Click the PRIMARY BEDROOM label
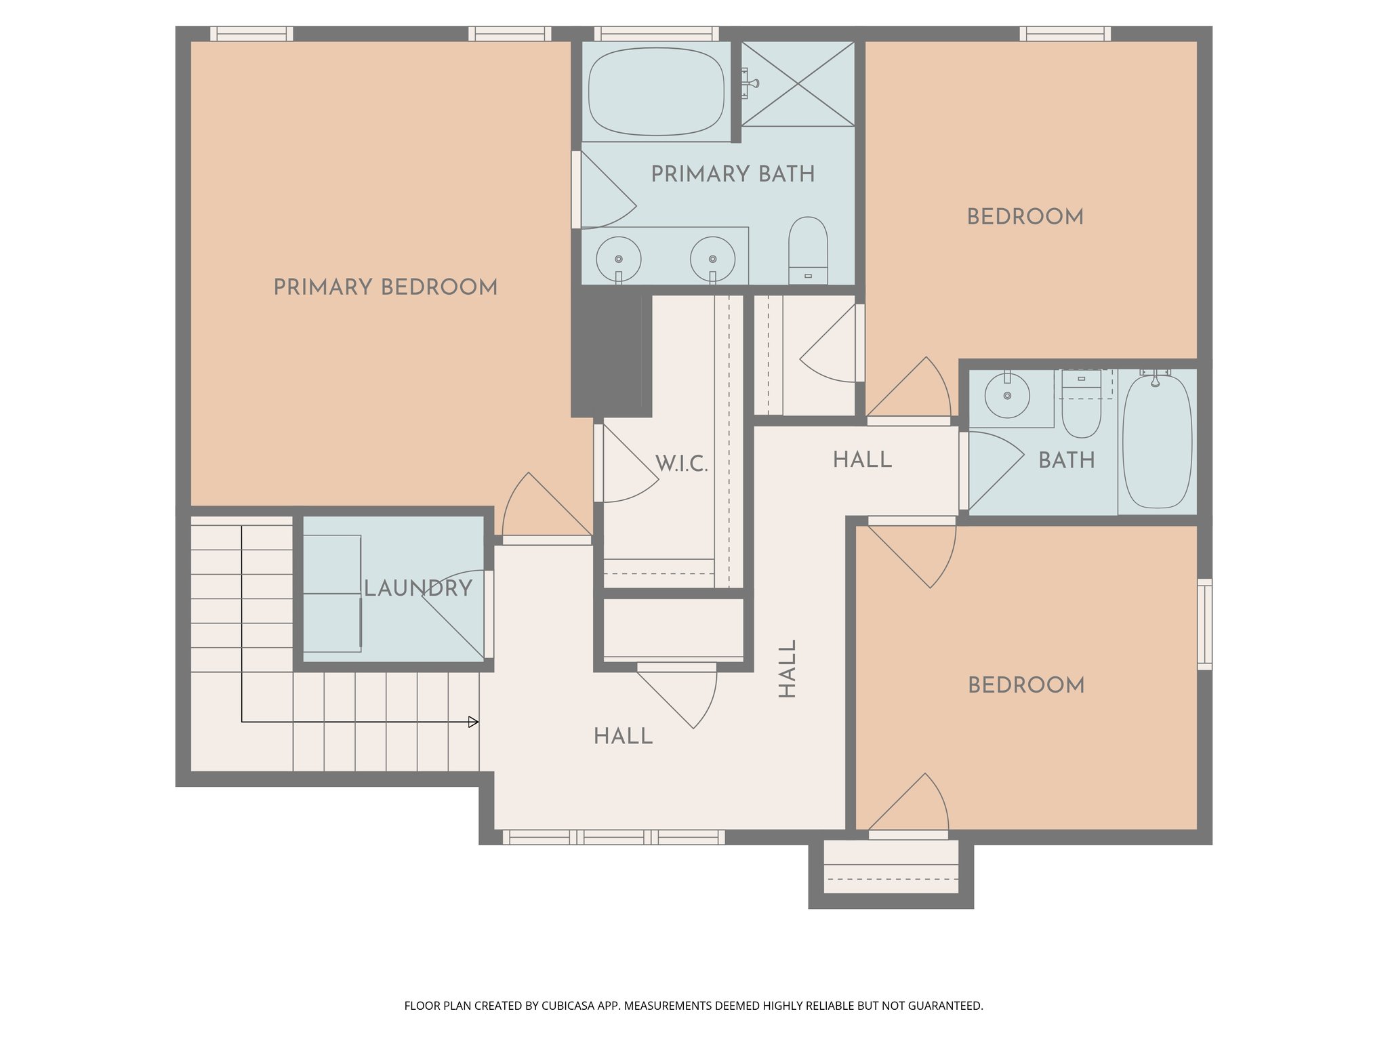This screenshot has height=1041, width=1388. click(x=385, y=287)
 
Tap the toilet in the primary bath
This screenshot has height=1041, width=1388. click(x=808, y=249)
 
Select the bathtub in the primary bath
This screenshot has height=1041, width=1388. click(x=655, y=91)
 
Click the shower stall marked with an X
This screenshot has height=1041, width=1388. click(x=798, y=84)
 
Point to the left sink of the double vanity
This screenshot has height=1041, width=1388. click(x=618, y=259)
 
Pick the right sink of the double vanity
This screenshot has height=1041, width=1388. click(x=712, y=259)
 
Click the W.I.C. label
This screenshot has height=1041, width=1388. click(x=681, y=464)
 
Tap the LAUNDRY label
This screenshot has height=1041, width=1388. click(x=418, y=588)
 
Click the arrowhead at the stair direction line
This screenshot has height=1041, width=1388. click(x=474, y=722)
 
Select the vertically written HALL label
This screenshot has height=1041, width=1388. click(x=787, y=668)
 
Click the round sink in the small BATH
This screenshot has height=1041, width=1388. click(x=1007, y=395)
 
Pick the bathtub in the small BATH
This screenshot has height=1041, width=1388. click(x=1157, y=442)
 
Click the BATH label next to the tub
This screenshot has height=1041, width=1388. click(x=1066, y=461)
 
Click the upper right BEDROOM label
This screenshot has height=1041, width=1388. click(x=1025, y=217)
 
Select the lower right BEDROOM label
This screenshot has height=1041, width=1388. click(x=1025, y=685)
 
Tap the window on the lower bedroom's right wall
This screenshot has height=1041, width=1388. click(x=1204, y=624)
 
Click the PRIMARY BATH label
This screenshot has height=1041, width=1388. click(x=733, y=174)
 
